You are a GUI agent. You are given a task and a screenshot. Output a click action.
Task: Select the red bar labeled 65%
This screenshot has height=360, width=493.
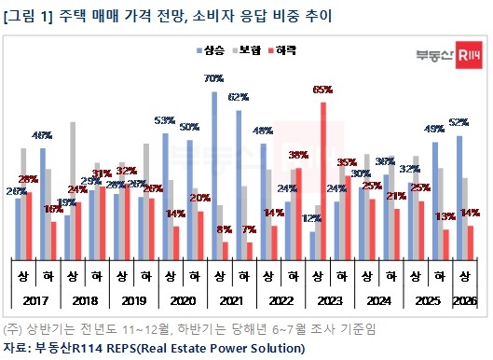323,177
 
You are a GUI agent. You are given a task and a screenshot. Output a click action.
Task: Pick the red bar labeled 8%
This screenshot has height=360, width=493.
226,247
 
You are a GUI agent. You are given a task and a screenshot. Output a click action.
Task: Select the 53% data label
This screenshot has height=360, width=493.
165,121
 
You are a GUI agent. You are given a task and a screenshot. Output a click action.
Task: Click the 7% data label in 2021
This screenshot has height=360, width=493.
251,229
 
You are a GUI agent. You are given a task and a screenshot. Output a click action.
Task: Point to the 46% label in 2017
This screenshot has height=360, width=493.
43,137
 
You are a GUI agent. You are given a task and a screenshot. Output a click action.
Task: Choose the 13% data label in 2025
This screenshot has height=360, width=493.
445,217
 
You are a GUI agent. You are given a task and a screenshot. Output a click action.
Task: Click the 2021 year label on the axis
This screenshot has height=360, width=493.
231,299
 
